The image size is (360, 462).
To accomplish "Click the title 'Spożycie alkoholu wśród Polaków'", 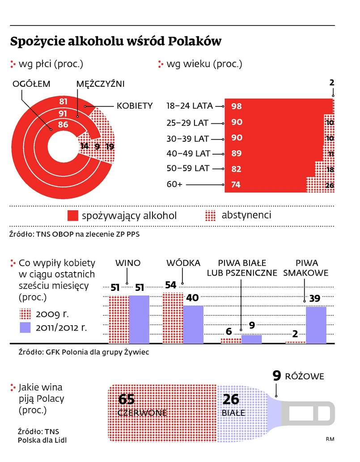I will pyautogui.click(x=116, y=42).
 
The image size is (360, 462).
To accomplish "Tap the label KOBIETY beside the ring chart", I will pyautogui.click(x=135, y=106).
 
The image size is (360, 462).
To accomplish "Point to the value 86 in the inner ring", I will pyautogui.click(x=63, y=125).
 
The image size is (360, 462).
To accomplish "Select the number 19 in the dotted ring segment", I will pyautogui.click(x=110, y=146).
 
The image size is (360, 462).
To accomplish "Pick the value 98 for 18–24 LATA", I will pyautogui.click(x=237, y=106).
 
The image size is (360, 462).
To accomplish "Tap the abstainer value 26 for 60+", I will pyautogui.click(x=330, y=185).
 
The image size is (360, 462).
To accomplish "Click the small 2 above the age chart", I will pyautogui.click(x=332, y=83).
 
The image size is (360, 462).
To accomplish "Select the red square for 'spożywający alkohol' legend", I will pyautogui.click(x=73, y=216).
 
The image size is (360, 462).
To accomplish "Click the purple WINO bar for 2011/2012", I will pyautogui.click(x=139, y=319).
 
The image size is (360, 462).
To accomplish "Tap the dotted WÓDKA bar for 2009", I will pyautogui.click(x=173, y=318).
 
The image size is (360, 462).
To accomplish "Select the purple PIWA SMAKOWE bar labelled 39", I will pyautogui.click(x=316, y=325).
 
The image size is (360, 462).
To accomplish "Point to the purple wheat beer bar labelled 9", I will pyautogui.click(x=251, y=339).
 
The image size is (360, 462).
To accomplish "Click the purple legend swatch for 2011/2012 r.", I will pyautogui.click(x=25, y=327).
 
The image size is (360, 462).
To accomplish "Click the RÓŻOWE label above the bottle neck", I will pyautogui.click(x=305, y=377).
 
